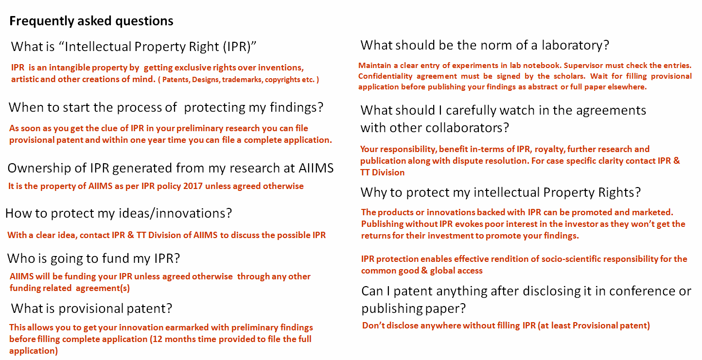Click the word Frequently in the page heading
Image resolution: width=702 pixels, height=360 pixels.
(42, 21)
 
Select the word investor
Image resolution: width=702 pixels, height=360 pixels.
(582, 224)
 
